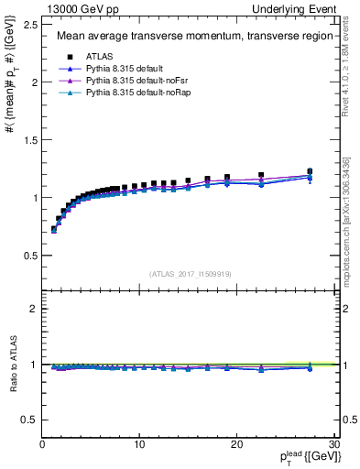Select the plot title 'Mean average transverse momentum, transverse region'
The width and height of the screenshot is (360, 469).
point(188,37)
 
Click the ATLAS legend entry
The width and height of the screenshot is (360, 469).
point(100,57)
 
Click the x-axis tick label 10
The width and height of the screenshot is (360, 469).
point(138,444)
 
